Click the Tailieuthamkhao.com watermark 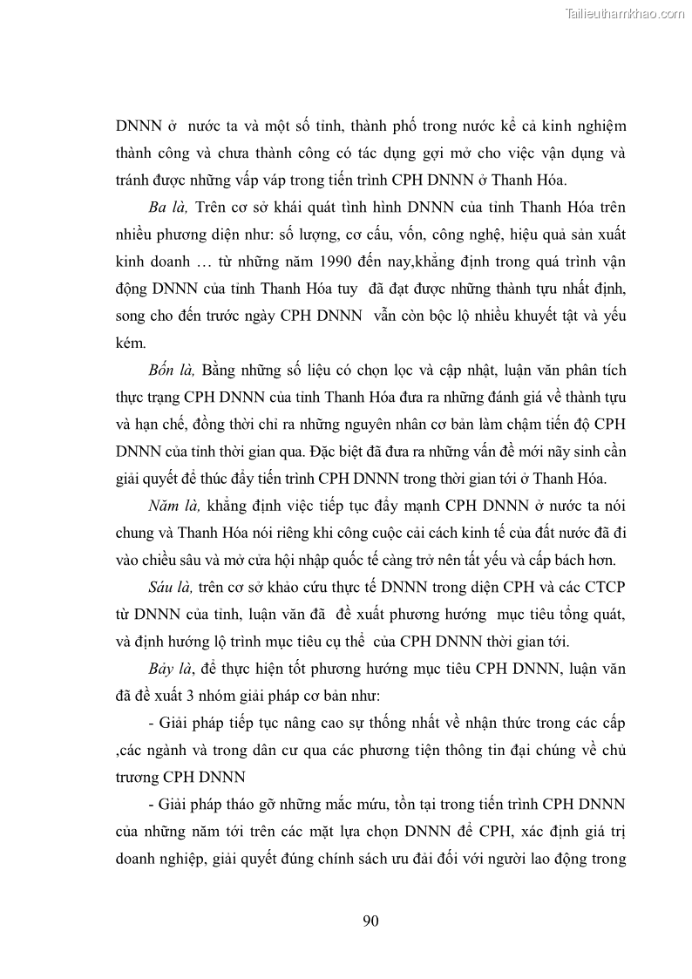tap(626, 13)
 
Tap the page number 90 tap(370, 921)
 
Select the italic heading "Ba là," tap(168, 207)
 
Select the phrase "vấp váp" tap(323, 180)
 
